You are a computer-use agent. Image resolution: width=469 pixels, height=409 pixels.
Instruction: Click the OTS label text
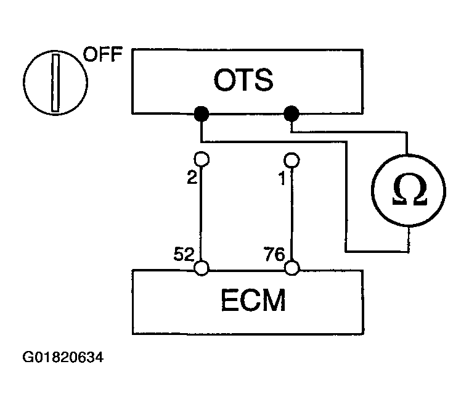pyautogui.click(x=243, y=80)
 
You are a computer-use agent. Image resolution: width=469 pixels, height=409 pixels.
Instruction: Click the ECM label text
pyautogui.click(x=253, y=300)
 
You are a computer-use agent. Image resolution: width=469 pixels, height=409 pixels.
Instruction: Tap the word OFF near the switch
pyautogui.click(x=103, y=54)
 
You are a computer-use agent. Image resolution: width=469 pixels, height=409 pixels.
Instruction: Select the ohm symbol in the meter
pyautogui.click(x=409, y=190)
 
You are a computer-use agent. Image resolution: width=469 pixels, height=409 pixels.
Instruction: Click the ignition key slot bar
pyautogui.click(x=55, y=83)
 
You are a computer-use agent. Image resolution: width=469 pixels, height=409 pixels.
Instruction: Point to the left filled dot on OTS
pyautogui.click(x=202, y=114)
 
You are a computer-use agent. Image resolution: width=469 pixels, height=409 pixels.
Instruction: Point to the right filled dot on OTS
pyautogui.click(x=292, y=114)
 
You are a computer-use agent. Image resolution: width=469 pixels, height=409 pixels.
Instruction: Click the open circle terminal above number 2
pyautogui.click(x=202, y=159)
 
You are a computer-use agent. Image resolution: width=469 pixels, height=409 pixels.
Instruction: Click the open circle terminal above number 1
pyautogui.click(x=292, y=160)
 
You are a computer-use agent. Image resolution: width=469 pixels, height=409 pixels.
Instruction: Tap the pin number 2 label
pyautogui.click(x=192, y=177)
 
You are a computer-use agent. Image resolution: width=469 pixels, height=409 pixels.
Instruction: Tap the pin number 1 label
pyautogui.click(x=282, y=179)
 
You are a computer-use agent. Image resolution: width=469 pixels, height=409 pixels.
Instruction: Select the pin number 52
pyautogui.click(x=184, y=254)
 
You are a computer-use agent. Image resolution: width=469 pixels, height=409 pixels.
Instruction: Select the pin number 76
pyautogui.click(x=274, y=254)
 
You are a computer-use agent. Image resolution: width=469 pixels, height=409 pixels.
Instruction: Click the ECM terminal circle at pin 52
pyautogui.click(x=202, y=268)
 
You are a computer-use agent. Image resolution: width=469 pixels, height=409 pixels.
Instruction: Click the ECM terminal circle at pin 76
pyautogui.click(x=292, y=268)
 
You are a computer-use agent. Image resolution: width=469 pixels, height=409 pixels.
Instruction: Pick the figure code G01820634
pyautogui.click(x=63, y=358)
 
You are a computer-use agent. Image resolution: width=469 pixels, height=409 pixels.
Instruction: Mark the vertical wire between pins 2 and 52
pyautogui.click(x=202, y=213)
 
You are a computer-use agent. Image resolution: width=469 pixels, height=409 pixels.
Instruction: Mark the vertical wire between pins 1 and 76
pyautogui.click(x=292, y=214)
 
